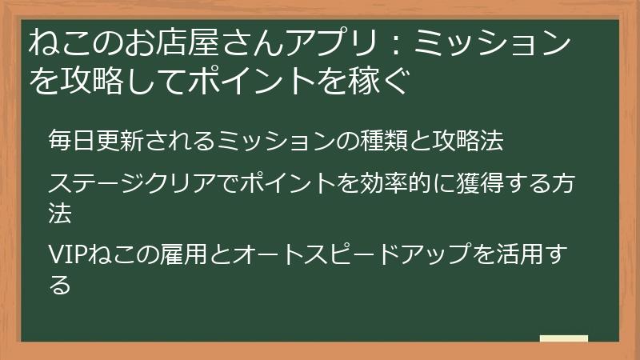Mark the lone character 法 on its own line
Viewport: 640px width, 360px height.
click(x=60, y=214)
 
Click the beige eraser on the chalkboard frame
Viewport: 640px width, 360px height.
click(x=564, y=339)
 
